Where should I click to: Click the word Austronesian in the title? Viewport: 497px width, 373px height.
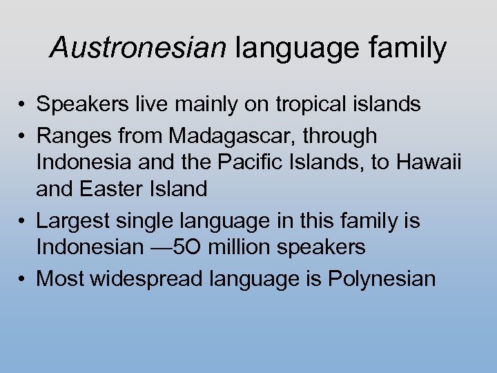138,48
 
